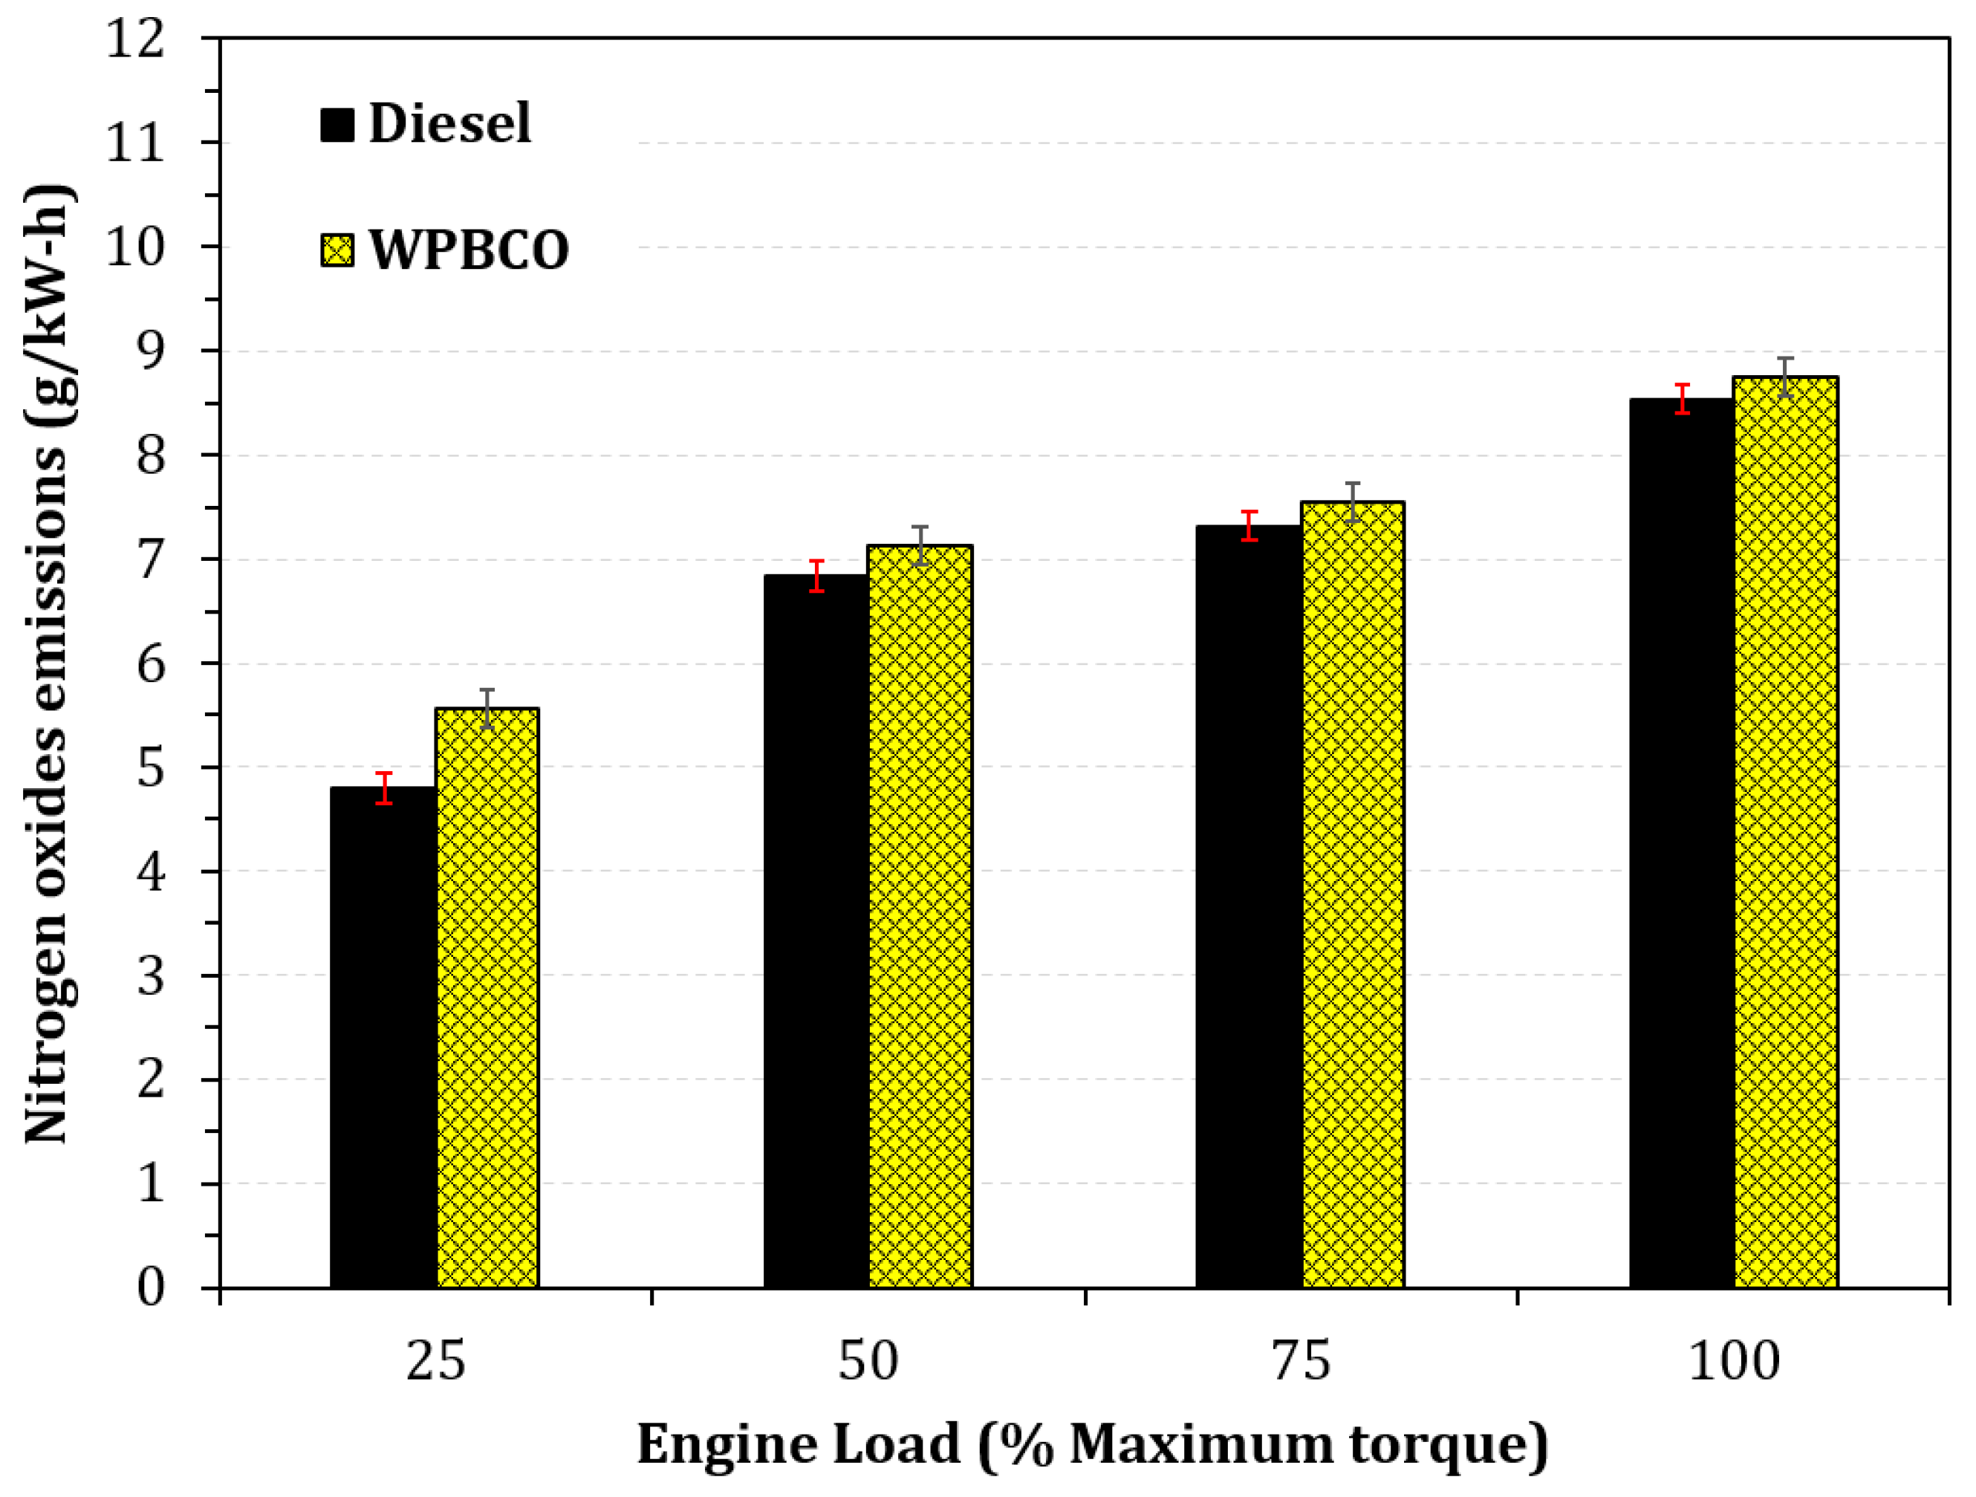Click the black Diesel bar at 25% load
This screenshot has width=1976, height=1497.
(x=383, y=1036)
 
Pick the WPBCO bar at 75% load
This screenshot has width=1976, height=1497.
(x=1353, y=894)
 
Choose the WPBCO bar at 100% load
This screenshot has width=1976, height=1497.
(x=1786, y=831)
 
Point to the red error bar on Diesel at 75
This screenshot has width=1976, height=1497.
(x=1249, y=526)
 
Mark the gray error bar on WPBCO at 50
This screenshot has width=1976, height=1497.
(x=921, y=545)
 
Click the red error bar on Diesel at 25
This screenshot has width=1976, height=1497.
(x=384, y=788)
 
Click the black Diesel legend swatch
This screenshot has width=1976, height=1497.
(x=337, y=124)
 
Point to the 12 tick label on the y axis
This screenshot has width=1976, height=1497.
(x=136, y=39)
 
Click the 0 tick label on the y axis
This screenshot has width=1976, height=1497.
(x=151, y=1287)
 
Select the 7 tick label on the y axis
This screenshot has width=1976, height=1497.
(x=151, y=560)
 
